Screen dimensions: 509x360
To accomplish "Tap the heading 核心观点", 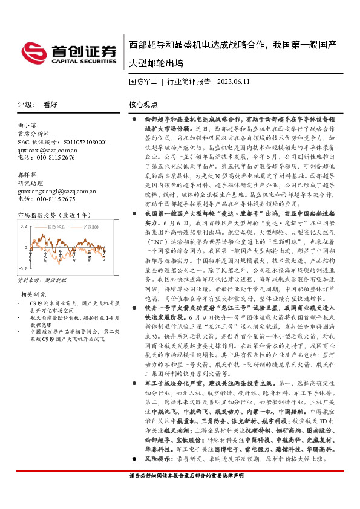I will pos(143,104).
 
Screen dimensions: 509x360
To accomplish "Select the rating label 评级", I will pos(25,104).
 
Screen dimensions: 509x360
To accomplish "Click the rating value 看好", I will pos(50,104).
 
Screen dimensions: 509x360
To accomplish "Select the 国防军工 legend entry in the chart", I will pos(57,226).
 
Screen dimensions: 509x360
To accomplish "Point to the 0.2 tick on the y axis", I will pos(25,225).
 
